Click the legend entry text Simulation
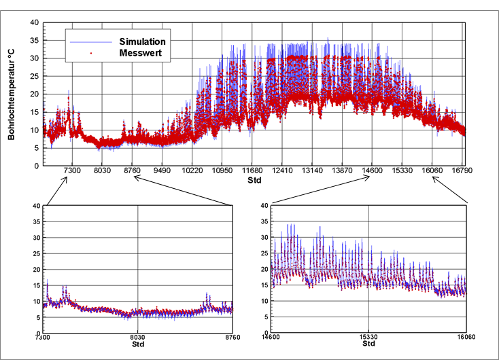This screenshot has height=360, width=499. [142, 41]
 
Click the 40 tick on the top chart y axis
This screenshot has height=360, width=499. [35, 22]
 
